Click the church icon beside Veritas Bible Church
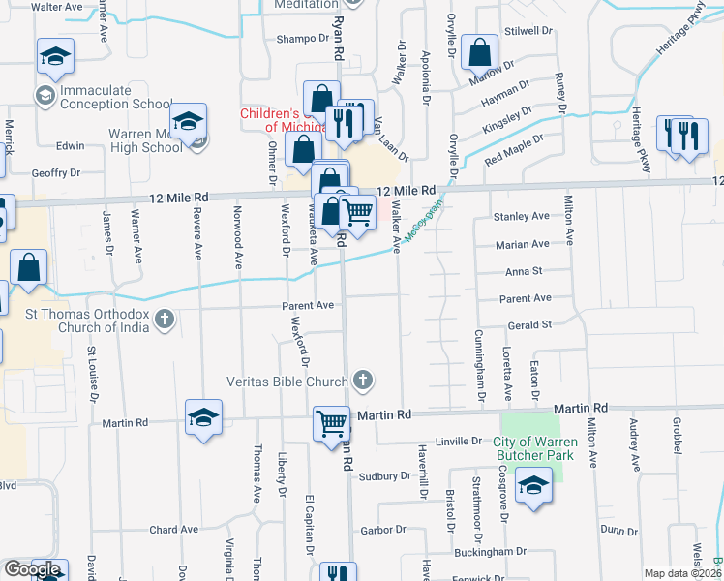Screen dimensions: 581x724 click(x=363, y=381)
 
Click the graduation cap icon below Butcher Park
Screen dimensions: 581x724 click(x=532, y=487)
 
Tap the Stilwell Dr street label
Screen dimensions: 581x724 click(x=528, y=31)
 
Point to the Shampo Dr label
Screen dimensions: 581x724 click(x=303, y=39)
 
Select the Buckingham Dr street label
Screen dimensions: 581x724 click(x=493, y=551)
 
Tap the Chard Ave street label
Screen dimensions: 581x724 click(x=173, y=530)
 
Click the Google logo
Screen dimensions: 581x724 click(x=31, y=569)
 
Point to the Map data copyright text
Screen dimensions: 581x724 click(x=682, y=573)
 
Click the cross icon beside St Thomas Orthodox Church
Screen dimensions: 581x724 click(x=166, y=318)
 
